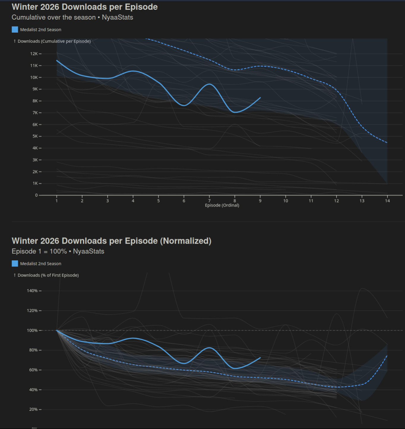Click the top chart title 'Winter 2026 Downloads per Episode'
click(x=85, y=7)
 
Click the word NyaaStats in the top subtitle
click(x=117, y=17)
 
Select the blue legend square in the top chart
click(x=15, y=29)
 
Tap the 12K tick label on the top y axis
click(x=34, y=54)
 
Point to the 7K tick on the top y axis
click(x=35, y=113)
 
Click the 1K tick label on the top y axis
click(x=35, y=183)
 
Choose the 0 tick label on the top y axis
click(x=37, y=195)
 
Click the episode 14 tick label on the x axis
click(x=387, y=201)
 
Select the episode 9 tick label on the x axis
click(x=260, y=201)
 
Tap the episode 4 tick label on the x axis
click(x=133, y=201)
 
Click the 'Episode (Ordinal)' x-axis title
click(x=222, y=205)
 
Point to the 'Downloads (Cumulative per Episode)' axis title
click(x=54, y=41)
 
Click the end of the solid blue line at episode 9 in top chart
click(x=260, y=97)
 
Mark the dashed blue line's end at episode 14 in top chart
click(x=387, y=143)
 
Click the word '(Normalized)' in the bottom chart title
click(x=186, y=241)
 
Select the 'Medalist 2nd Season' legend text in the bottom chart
click(x=41, y=264)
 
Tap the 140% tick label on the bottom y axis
click(x=32, y=291)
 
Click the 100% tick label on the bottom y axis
click(x=32, y=330)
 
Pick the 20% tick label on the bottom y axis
click(x=33, y=409)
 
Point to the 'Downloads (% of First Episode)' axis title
click(x=48, y=275)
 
